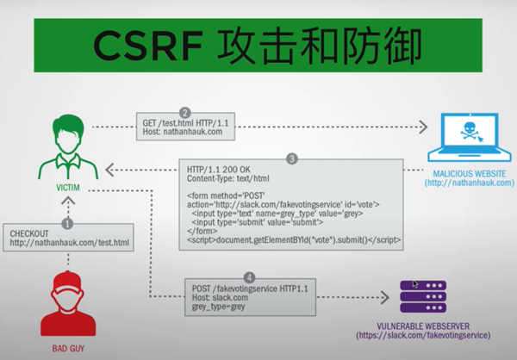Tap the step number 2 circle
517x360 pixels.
tap(184, 113)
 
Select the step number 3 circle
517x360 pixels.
tap(293, 159)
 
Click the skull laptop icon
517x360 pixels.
tap(469, 136)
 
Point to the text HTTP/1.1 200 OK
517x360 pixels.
tap(215, 171)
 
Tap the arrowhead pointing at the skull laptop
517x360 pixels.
tap(423, 128)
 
